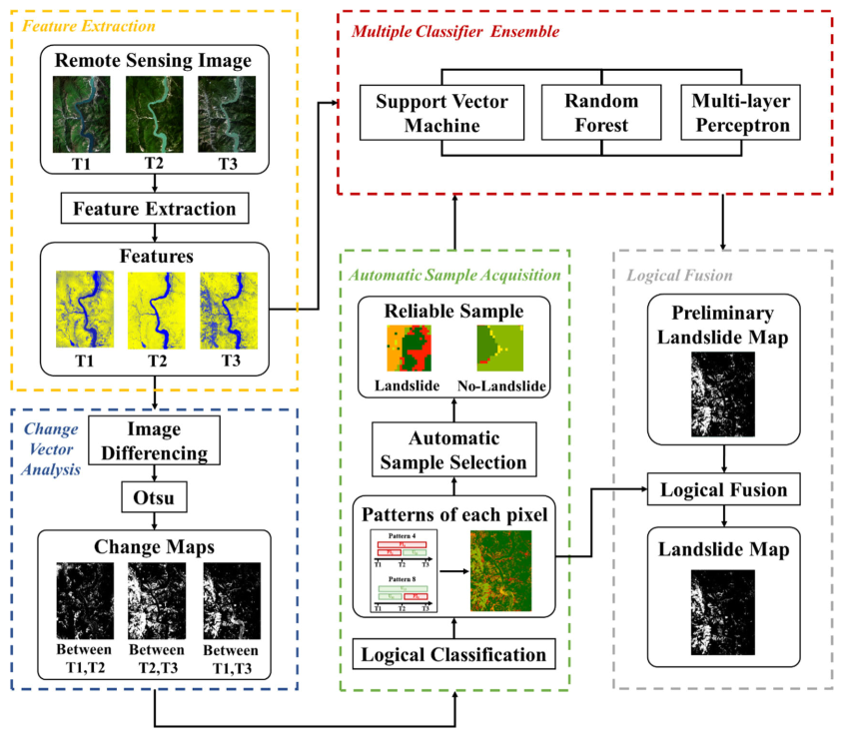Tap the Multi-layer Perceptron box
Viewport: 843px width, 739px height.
(740, 114)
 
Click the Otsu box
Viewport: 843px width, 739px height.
(154, 497)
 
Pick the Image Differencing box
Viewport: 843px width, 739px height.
(154, 440)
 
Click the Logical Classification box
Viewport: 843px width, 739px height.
(454, 655)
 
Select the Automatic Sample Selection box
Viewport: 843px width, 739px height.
(454, 448)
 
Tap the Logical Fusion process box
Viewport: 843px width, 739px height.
(722, 490)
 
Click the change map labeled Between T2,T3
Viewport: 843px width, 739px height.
(154, 598)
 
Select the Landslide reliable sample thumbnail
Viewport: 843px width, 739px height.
(407, 350)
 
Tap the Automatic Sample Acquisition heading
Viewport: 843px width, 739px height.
(454, 274)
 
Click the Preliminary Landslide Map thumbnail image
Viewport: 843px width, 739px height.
(722, 384)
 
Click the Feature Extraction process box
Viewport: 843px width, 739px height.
(154, 209)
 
